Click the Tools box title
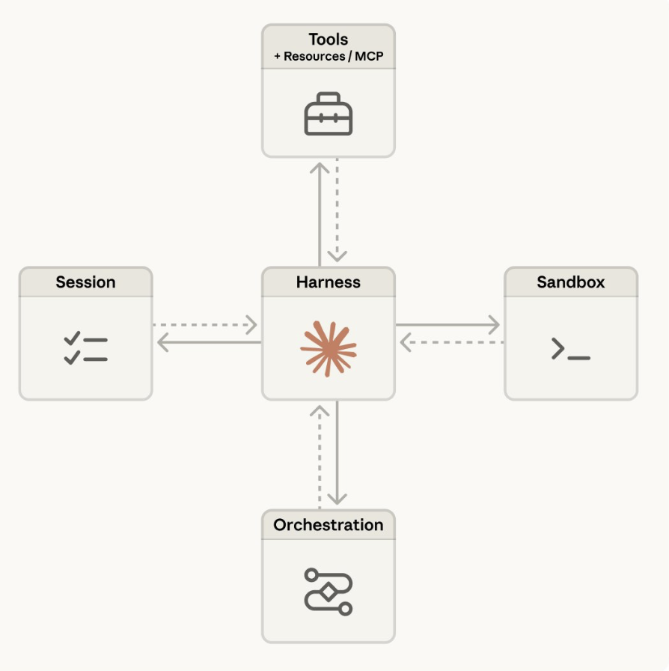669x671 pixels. pos(328,40)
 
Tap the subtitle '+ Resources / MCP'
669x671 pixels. pos(328,56)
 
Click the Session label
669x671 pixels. pos(85,282)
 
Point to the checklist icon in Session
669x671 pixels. pos(85,349)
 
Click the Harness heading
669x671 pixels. pos(328,282)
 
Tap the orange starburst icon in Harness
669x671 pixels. pos(328,347)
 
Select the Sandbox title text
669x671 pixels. pos(570,282)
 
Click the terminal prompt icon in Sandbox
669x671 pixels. pos(570,349)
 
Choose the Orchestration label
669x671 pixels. pos(328,525)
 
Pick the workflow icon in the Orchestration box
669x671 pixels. pos(328,592)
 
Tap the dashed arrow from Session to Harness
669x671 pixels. pos(207,325)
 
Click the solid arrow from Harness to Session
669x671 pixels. pos(207,343)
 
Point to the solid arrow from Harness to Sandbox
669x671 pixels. pos(449,325)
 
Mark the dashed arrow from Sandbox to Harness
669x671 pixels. pos(449,343)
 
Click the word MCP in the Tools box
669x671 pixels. pos(370,56)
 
